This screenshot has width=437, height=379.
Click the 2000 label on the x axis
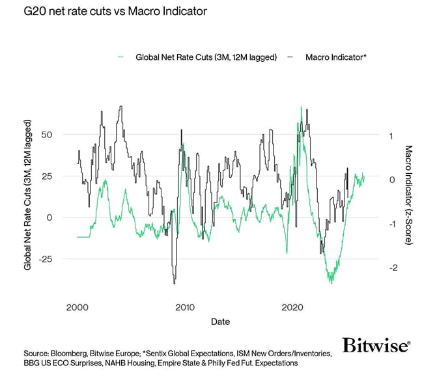[78, 307]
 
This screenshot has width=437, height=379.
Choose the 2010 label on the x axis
[185, 307]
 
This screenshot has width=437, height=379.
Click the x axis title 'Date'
[219, 322]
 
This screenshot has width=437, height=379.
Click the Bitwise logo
[376, 345]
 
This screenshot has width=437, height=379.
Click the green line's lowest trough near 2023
[331, 283]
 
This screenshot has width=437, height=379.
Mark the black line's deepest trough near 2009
[174, 283]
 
